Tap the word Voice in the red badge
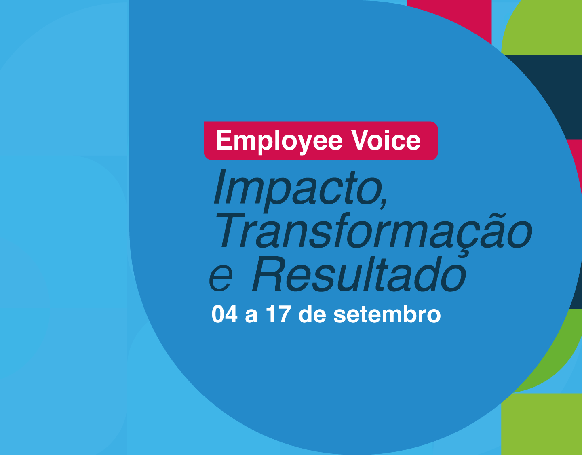386,140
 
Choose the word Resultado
359,274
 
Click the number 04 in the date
224,314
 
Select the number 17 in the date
278,314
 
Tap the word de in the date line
312,314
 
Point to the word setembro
387,314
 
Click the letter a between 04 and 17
251,317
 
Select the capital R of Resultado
268,274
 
